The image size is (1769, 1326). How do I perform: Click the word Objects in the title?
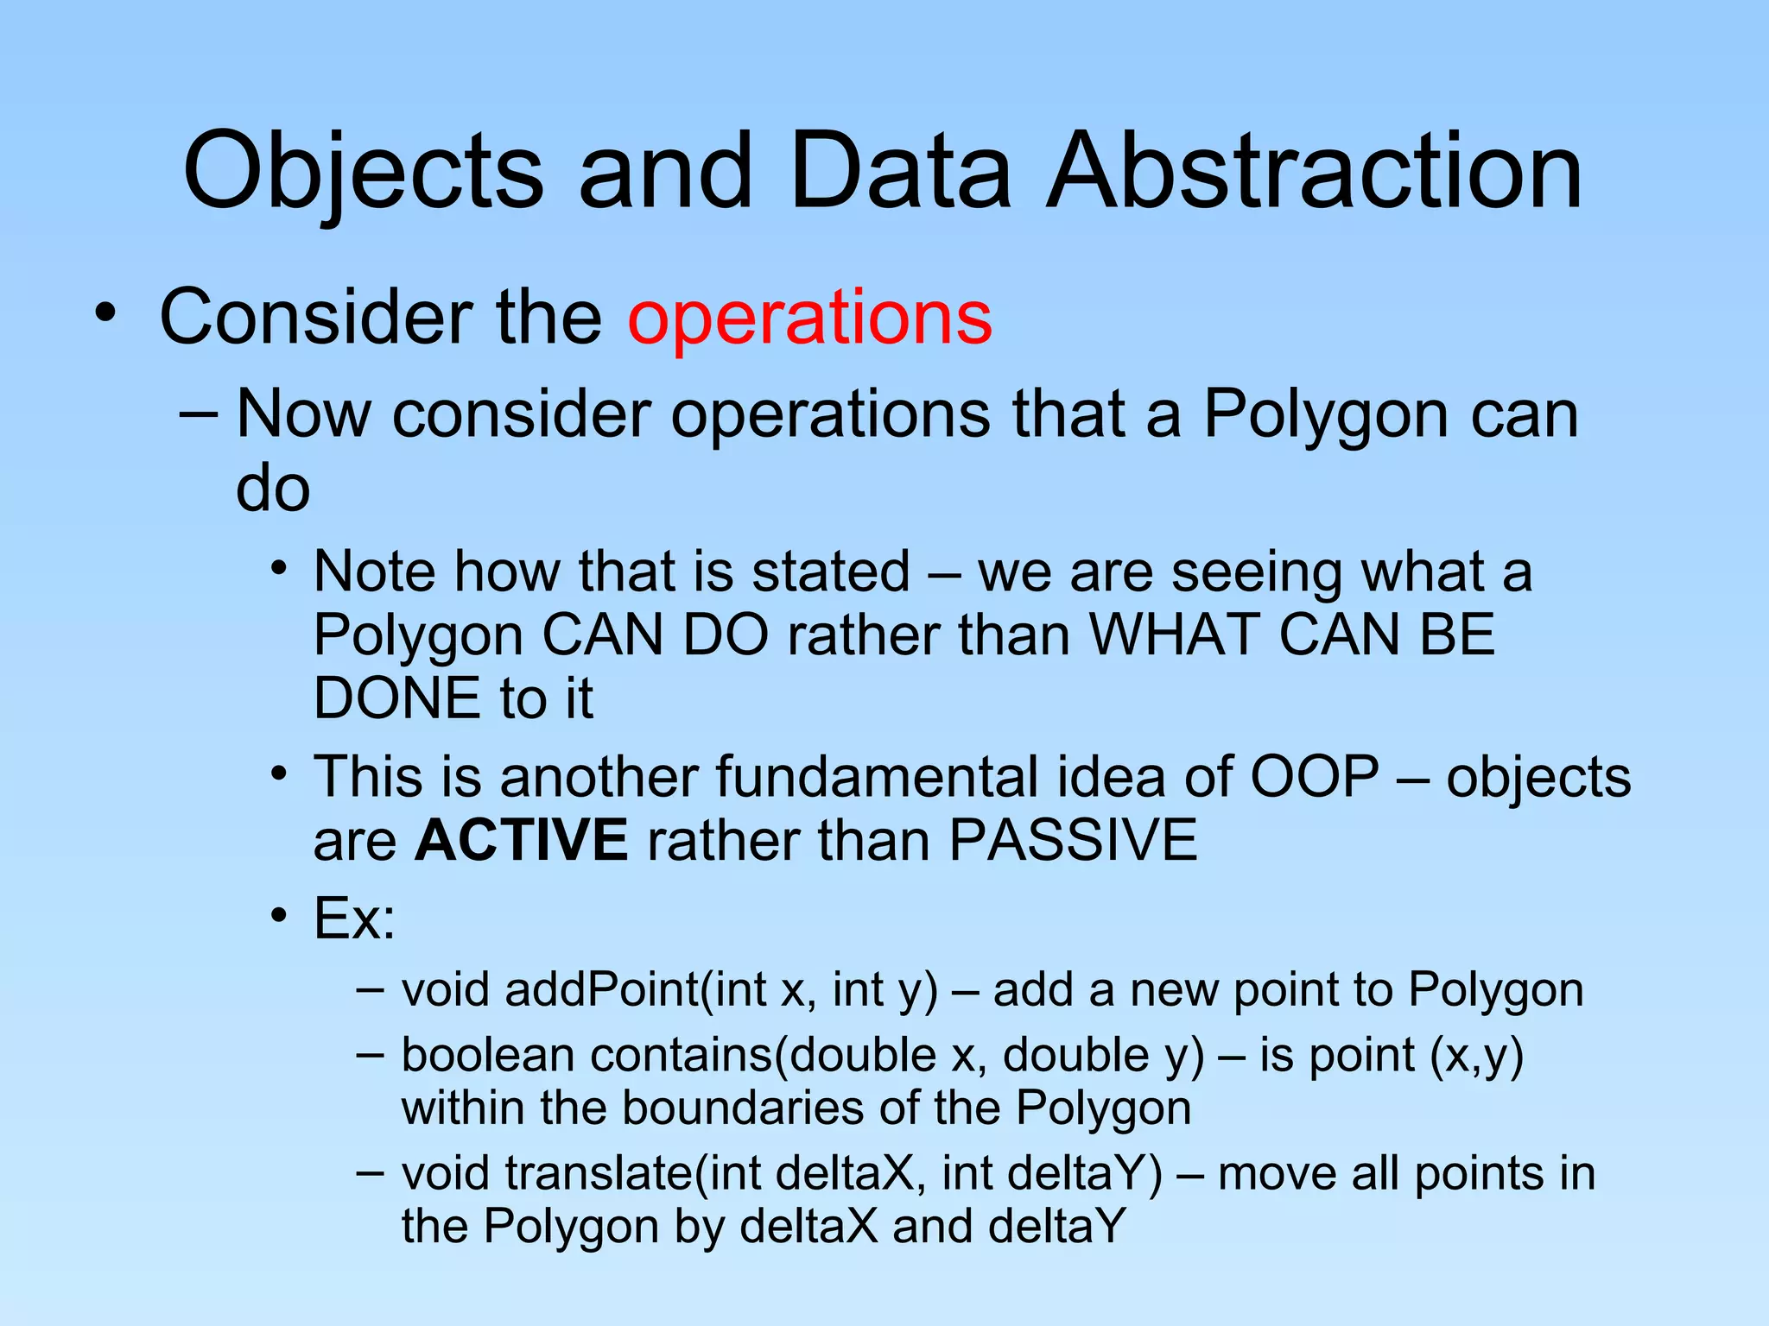pyautogui.click(x=363, y=173)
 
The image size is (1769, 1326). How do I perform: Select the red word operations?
pyautogui.click(x=809, y=319)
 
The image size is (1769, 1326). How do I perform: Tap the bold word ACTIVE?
pyautogui.click(x=521, y=840)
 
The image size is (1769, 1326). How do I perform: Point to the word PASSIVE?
pyautogui.click(x=1073, y=840)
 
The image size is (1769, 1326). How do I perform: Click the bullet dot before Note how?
pyautogui.click(x=277, y=570)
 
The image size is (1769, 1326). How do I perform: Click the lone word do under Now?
pyautogui.click(x=272, y=489)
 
